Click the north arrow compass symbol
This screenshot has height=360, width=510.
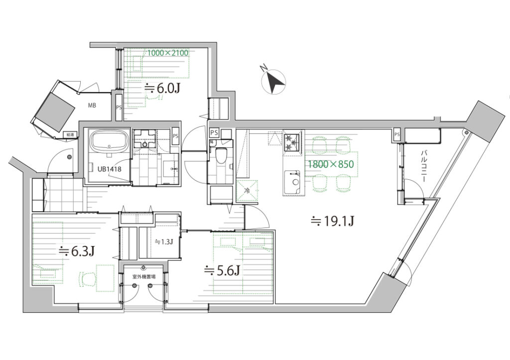click(x=274, y=81)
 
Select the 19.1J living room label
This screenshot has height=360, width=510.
click(x=332, y=221)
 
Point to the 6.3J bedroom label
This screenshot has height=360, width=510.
click(x=76, y=251)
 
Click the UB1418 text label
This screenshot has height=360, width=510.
click(x=109, y=169)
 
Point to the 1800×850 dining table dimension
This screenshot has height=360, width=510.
click(x=331, y=164)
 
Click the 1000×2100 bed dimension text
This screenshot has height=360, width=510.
click(x=168, y=53)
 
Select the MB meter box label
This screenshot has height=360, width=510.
click(x=92, y=106)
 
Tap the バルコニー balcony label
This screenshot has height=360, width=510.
click(x=424, y=165)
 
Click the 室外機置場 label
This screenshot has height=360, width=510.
click(x=143, y=277)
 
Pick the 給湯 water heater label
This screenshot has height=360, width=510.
click(x=70, y=134)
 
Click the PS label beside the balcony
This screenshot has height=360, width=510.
click(x=396, y=134)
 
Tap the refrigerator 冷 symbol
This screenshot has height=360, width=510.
click(x=247, y=191)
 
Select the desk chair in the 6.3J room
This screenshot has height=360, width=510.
click(x=87, y=279)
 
